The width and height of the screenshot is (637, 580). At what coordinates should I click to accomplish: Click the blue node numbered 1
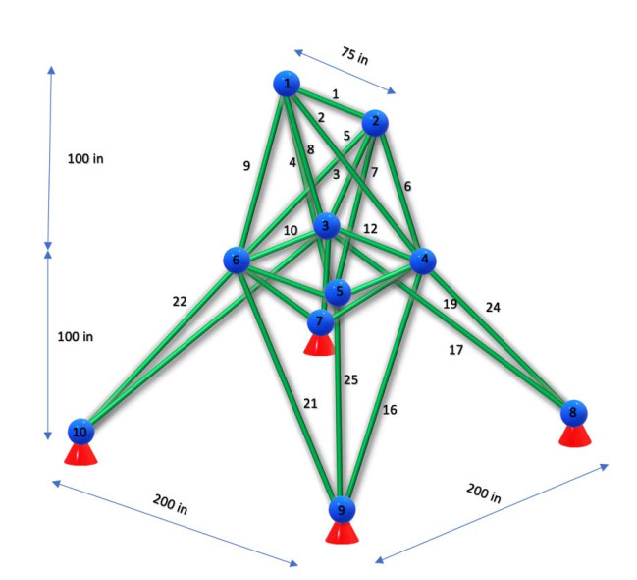tap(287, 85)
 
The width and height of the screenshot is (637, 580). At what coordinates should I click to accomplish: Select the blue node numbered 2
tap(375, 123)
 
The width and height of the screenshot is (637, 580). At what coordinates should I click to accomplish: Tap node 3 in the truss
tap(326, 227)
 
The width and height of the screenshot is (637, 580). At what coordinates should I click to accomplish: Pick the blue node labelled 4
tap(423, 261)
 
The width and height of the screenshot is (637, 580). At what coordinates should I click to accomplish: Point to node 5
tap(338, 292)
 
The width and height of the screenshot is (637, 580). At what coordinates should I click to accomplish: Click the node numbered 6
tap(236, 261)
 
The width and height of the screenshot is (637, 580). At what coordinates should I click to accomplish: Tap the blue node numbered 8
tap(573, 413)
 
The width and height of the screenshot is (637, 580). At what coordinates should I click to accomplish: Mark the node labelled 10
tap(80, 431)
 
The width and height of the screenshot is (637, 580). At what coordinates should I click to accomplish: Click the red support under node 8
tap(574, 435)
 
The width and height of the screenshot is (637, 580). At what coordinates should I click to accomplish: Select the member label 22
tap(179, 302)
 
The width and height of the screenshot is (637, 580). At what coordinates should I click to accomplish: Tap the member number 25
tap(350, 379)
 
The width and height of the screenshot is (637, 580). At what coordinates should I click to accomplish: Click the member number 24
tap(492, 307)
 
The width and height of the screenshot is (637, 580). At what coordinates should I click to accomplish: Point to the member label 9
tap(246, 166)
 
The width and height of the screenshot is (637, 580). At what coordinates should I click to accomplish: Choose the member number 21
tap(310, 403)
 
